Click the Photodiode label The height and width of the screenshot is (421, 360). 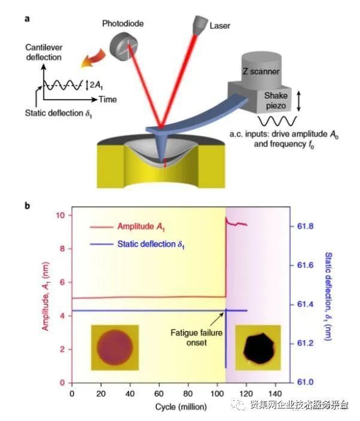123,24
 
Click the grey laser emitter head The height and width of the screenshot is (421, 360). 200,25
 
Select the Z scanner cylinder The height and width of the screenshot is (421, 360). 261,68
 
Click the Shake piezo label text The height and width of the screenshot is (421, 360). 276,100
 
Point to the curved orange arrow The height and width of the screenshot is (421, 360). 93,58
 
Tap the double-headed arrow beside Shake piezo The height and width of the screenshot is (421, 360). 298,101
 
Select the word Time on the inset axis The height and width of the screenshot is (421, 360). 108,100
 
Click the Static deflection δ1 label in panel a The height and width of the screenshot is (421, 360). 59,114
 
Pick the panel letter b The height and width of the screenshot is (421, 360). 27,206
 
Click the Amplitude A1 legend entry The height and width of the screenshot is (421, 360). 127,227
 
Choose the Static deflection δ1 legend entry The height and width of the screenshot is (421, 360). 137,245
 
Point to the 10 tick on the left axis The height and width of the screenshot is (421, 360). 60,215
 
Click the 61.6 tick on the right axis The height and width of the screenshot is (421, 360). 305,266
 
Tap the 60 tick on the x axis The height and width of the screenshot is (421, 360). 159,393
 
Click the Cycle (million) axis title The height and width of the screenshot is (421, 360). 181,407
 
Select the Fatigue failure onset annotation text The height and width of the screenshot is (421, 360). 197,338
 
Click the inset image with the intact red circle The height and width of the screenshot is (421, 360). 115,347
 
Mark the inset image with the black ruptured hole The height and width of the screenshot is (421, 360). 258,347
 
